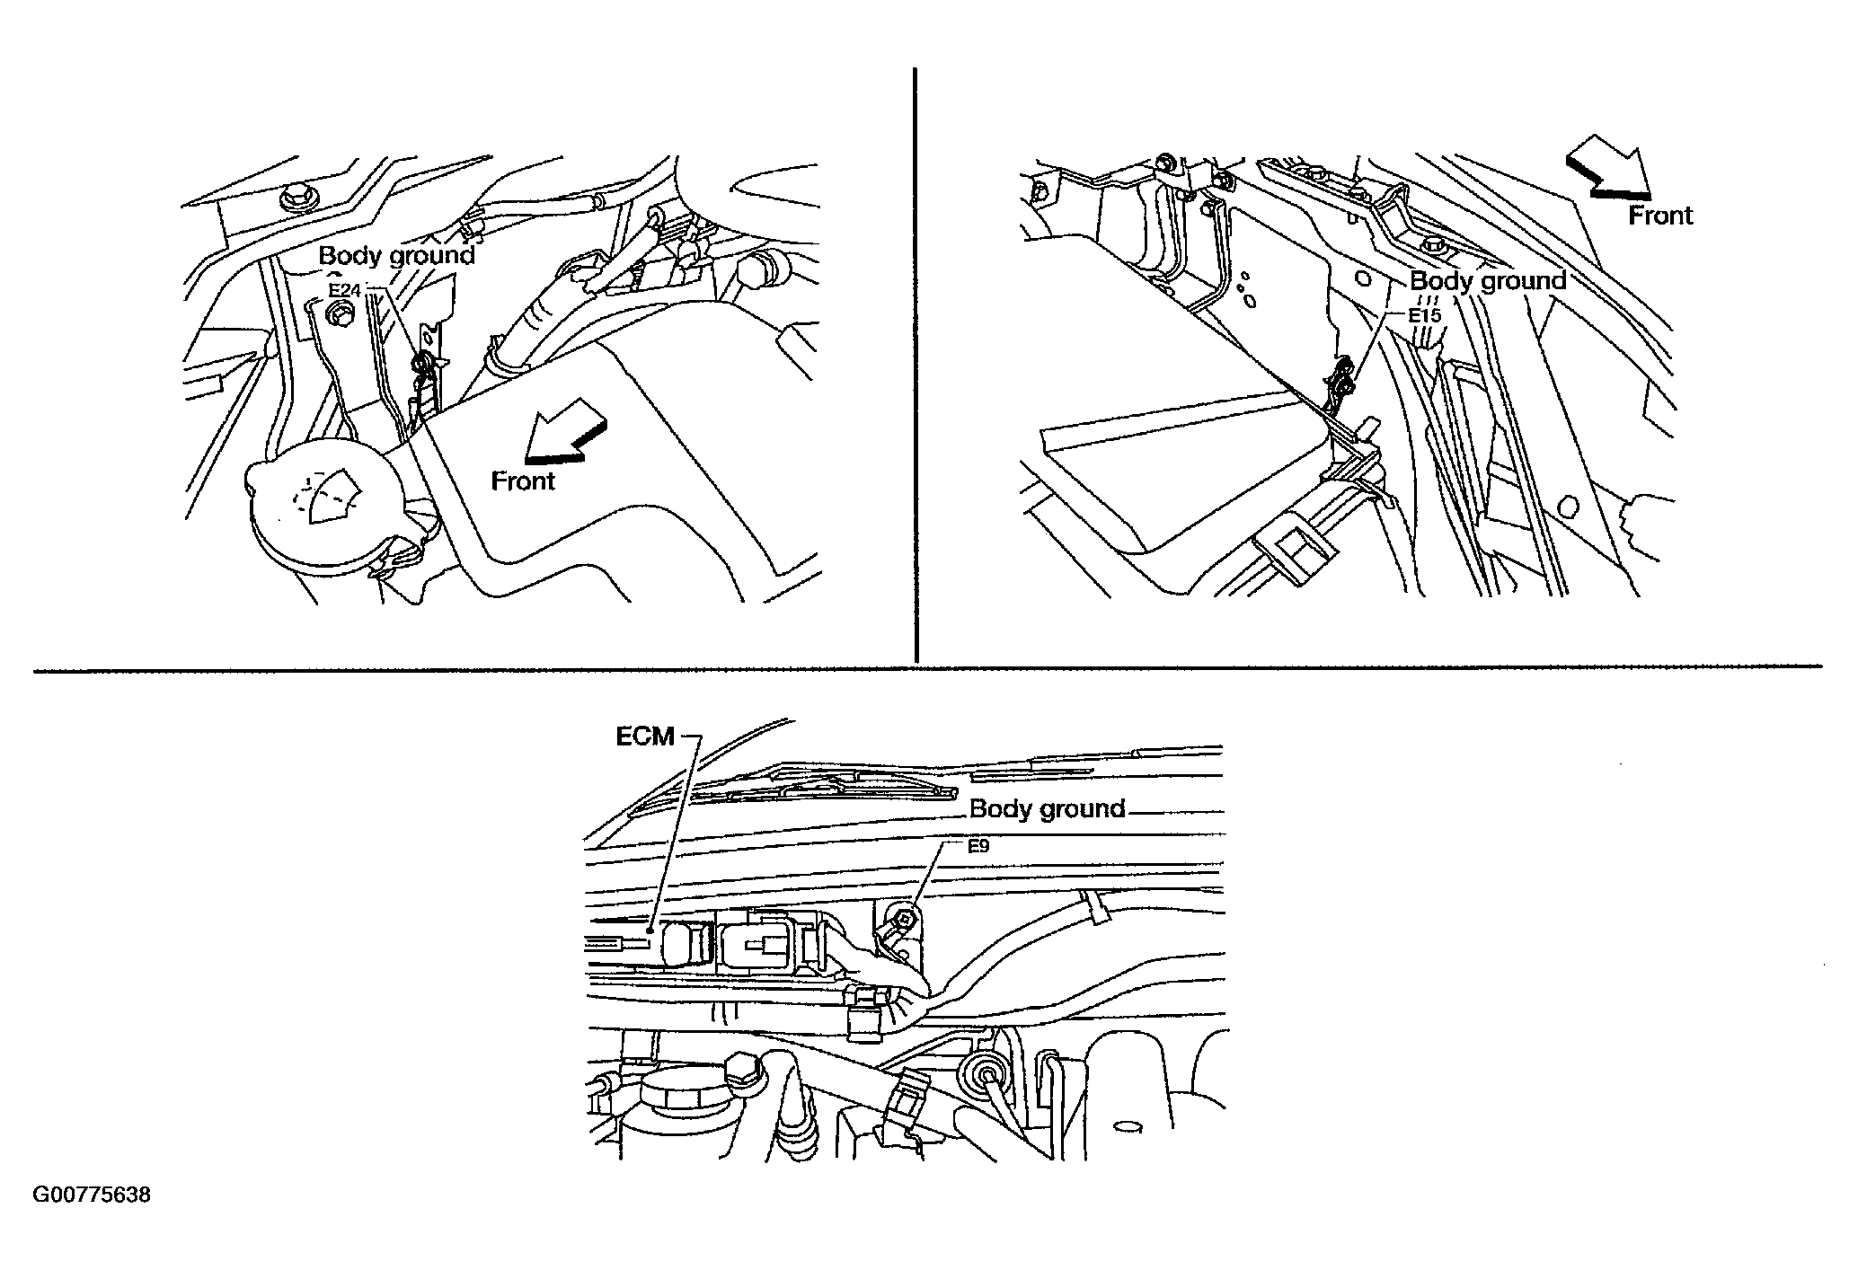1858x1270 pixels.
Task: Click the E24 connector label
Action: [343, 290]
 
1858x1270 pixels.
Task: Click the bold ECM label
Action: [644, 736]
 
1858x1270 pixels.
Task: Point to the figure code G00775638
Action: [92, 1195]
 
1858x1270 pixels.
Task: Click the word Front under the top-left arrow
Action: [523, 481]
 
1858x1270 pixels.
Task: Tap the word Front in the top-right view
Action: [1660, 216]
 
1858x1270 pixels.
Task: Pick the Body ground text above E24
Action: [396, 255]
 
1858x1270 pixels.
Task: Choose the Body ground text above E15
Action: [1488, 281]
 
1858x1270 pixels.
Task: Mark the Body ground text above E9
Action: [1048, 809]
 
